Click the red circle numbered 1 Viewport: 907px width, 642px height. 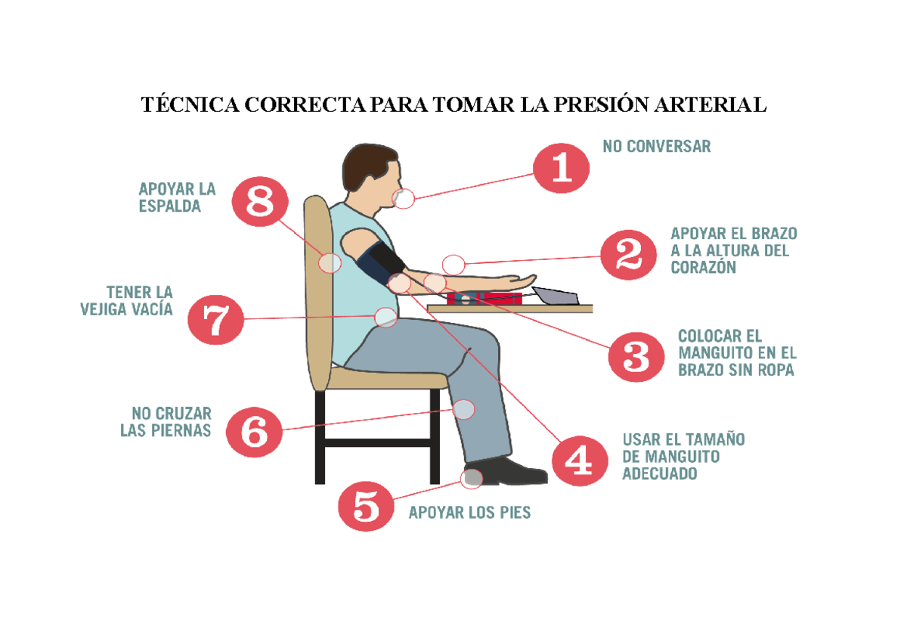coord(562,170)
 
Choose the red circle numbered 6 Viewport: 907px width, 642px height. coord(252,431)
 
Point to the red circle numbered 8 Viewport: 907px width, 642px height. coord(259,203)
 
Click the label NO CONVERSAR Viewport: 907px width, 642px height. coord(656,147)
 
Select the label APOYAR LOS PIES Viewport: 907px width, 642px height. coord(469,513)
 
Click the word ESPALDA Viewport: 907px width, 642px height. coord(170,206)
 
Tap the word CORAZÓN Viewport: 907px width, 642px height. coord(703,267)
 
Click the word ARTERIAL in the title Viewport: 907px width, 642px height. coord(716,105)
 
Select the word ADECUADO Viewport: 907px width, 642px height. coord(659,474)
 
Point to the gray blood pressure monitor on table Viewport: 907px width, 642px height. coord(556,296)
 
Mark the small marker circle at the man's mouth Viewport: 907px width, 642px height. coord(405,199)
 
